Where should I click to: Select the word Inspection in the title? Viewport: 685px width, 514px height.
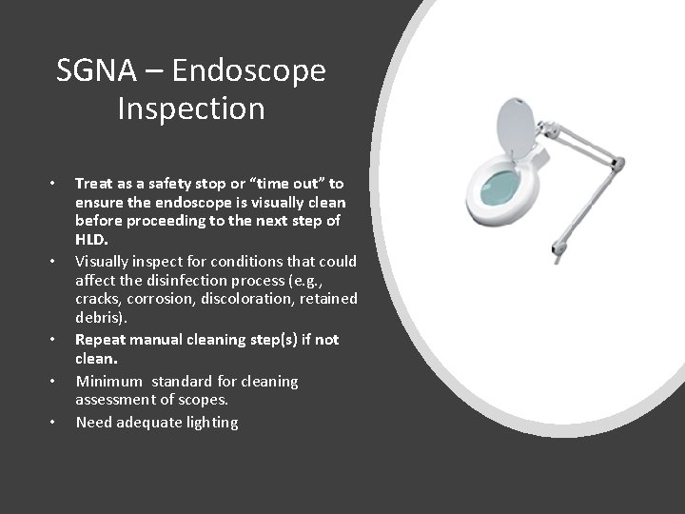coord(190,109)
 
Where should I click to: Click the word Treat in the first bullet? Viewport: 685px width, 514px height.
coord(94,183)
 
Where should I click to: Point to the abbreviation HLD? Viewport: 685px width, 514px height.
coord(91,240)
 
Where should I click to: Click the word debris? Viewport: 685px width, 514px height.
coord(99,318)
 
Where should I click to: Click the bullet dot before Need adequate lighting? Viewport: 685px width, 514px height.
coord(54,422)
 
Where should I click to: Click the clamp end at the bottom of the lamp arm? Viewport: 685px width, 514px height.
coord(558,255)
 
